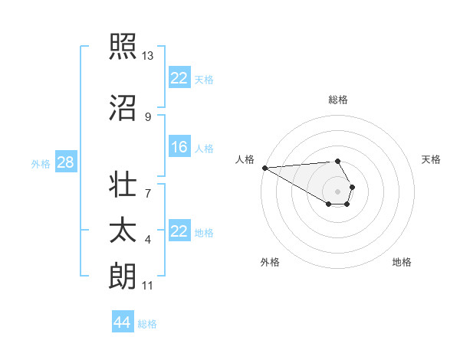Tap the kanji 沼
point(123,110)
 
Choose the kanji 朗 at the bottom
point(123,276)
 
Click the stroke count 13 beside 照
point(148,55)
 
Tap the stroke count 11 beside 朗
point(148,286)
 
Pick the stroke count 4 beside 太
point(148,240)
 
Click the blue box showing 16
point(179,148)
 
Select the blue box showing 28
point(64,162)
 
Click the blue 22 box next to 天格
point(179,78)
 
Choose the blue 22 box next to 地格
point(179,231)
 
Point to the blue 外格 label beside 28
point(41,163)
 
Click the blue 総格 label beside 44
point(147,324)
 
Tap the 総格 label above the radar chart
point(338,100)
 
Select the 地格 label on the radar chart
point(402,262)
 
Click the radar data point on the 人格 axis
point(264,168)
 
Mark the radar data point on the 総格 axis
point(338,161)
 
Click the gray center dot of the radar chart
point(338,191)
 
